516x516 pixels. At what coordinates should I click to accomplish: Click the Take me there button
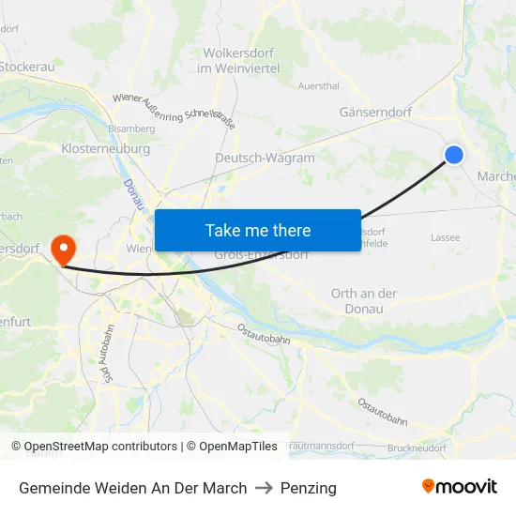258,230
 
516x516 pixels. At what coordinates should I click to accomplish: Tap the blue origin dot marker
454,155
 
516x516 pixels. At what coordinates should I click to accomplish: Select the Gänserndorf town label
375,112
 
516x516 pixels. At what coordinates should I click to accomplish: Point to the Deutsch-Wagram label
265,158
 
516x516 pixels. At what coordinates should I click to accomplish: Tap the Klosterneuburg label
105,148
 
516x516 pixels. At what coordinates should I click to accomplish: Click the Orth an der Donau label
364,300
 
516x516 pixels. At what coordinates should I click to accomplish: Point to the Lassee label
446,237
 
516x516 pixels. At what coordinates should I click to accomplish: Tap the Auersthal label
318,85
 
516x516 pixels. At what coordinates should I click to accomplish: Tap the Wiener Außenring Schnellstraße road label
174,111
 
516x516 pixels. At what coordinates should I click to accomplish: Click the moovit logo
460,486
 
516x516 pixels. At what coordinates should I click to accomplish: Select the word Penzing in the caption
309,488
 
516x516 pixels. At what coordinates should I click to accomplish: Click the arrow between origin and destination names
264,488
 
